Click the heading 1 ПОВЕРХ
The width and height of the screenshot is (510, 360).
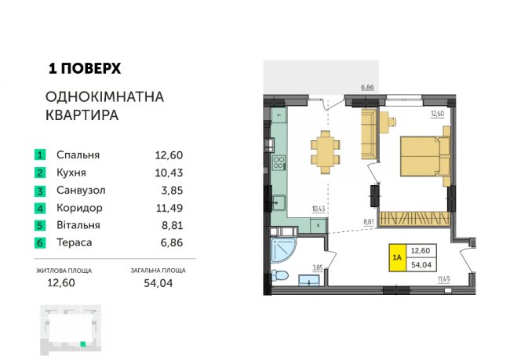tap(85, 68)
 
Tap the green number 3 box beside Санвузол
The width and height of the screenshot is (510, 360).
tap(40, 191)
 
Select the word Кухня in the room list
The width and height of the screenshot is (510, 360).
tap(71, 173)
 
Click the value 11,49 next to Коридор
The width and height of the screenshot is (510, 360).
tap(169, 208)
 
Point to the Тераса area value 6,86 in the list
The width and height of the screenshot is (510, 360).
tap(172, 242)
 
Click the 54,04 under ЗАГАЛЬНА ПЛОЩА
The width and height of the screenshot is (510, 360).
tap(158, 283)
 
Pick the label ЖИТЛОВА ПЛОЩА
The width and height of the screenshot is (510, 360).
tap(64, 271)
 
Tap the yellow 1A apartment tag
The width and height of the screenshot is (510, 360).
tap(398, 257)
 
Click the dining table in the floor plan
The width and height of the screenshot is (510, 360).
tap(326, 152)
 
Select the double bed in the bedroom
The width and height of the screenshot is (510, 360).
tap(424, 156)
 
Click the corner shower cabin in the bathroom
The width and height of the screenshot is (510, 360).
tap(283, 250)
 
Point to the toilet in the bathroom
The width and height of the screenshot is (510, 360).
tap(279, 276)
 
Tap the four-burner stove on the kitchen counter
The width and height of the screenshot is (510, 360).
tap(279, 162)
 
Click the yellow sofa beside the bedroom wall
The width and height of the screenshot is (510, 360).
tap(369, 134)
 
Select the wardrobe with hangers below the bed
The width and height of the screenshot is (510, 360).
tap(415, 219)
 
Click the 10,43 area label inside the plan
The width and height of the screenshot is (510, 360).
tap(319, 209)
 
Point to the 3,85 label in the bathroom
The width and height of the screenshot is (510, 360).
tap(318, 267)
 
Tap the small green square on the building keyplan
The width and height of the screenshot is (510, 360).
tap(83, 344)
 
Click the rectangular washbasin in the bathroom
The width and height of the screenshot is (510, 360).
tap(309, 280)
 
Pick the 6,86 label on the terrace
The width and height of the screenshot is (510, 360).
tap(367, 87)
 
